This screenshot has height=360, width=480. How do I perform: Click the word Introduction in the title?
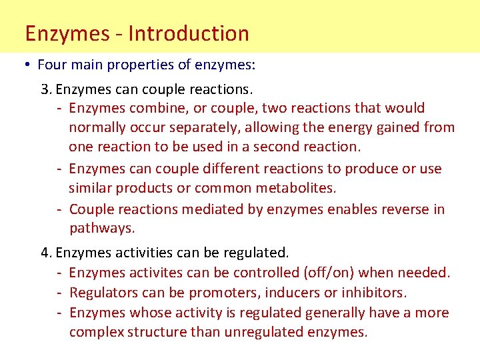point(189,33)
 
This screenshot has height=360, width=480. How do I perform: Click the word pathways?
point(101,228)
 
